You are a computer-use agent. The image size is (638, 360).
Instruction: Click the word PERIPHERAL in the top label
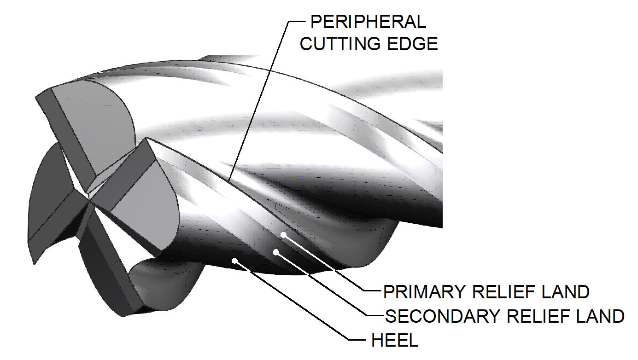point(368,22)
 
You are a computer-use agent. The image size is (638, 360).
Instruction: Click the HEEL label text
point(395,341)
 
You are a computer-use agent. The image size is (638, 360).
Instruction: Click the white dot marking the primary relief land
point(283,235)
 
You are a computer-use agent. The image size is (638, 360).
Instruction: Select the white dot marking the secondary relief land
point(276,252)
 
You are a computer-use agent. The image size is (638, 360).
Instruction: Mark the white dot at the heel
point(235,261)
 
